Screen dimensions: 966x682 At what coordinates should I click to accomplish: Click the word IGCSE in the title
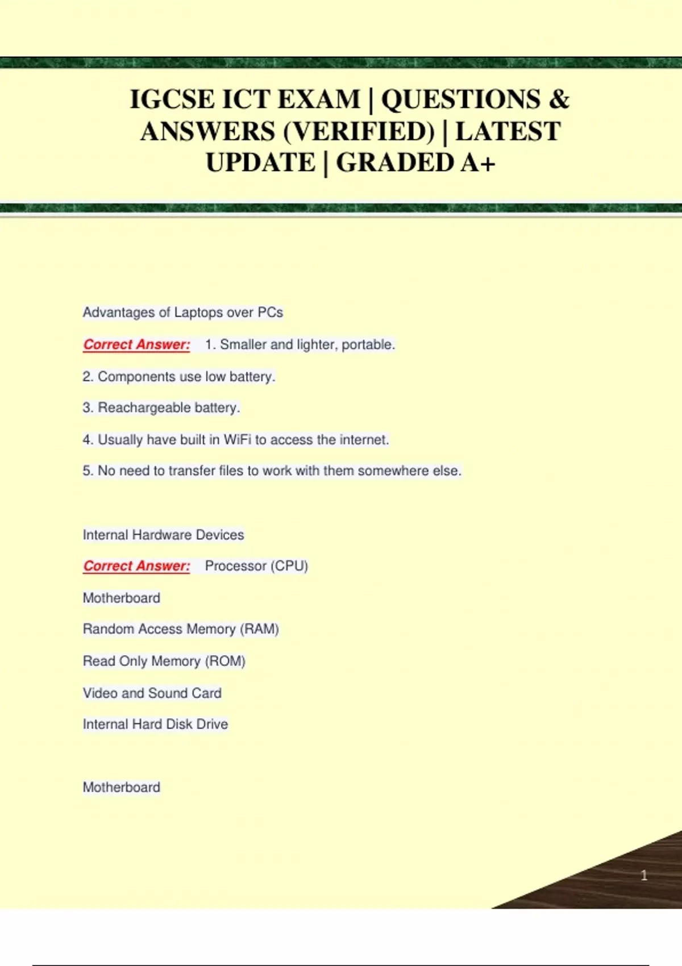tap(172, 100)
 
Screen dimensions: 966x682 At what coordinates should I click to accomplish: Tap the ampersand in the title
tap(559, 100)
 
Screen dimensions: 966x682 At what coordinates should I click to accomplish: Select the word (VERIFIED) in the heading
tap(358, 132)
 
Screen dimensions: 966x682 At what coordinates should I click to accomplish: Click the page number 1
tap(644, 875)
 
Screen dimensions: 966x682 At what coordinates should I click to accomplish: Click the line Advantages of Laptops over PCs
tap(182, 313)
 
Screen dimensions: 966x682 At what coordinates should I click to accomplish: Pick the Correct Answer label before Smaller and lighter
tap(136, 344)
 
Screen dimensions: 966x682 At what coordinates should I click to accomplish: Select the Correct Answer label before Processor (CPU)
tap(136, 566)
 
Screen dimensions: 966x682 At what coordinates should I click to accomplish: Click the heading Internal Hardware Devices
tap(163, 535)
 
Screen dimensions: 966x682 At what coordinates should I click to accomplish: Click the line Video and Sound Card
tap(152, 693)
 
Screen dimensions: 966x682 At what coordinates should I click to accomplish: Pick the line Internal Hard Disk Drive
tap(155, 724)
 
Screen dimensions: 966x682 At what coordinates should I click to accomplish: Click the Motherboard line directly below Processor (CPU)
tap(121, 598)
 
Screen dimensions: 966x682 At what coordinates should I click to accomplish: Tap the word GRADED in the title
tap(394, 163)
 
